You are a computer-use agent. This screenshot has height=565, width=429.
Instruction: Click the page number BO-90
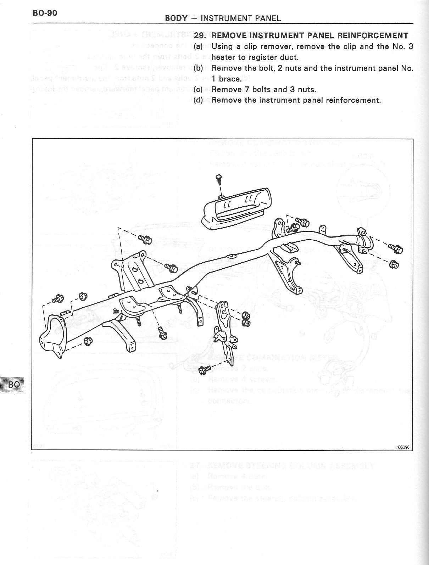(x=45, y=13)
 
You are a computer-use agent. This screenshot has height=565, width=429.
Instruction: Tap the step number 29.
(x=200, y=35)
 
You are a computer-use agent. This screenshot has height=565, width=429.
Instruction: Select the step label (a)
(x=199, y=46)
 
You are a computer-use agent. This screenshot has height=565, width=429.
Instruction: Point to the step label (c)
(x=199, y=89)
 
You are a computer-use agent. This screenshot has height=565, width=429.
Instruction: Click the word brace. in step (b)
(x=226, y=79)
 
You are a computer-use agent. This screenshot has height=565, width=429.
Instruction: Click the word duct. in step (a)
(x=289, y=57)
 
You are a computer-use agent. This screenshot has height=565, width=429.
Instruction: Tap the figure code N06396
(x=403, y=447)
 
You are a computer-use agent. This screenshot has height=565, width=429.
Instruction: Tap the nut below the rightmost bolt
(x=393, y=264)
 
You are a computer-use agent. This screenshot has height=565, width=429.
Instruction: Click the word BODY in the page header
(x=176, y=18)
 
